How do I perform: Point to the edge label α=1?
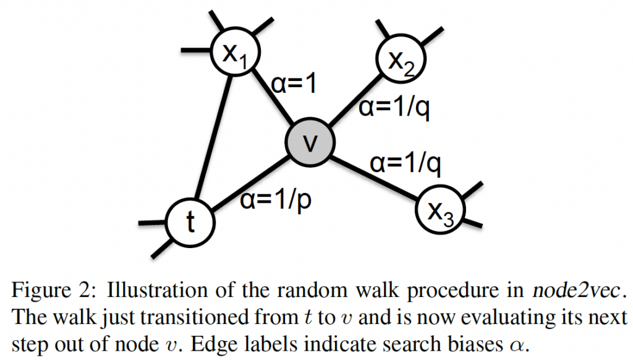(294, 84)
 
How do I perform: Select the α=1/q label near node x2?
(394, 109)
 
